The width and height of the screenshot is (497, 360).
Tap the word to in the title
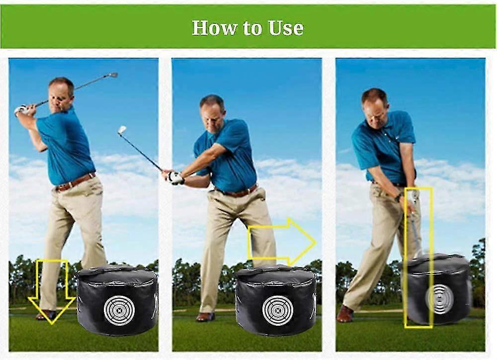click(252, 28)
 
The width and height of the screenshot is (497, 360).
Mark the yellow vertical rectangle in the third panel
click(418, 258)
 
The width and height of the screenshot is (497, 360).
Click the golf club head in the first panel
click(113, 75)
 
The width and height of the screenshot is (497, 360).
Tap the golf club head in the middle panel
click(122, 130)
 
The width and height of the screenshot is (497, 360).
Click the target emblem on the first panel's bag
click(119, 310)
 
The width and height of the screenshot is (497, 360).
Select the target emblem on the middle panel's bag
click(278, 311)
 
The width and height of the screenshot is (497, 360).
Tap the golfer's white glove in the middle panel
click(174, 178)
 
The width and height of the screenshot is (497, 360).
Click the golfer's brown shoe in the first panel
click(46, 315)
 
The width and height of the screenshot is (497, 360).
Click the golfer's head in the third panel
click(375, 108)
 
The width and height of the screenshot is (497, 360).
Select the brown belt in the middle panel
click(237, 191)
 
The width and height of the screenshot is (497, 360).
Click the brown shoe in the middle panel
click(205, 317)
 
